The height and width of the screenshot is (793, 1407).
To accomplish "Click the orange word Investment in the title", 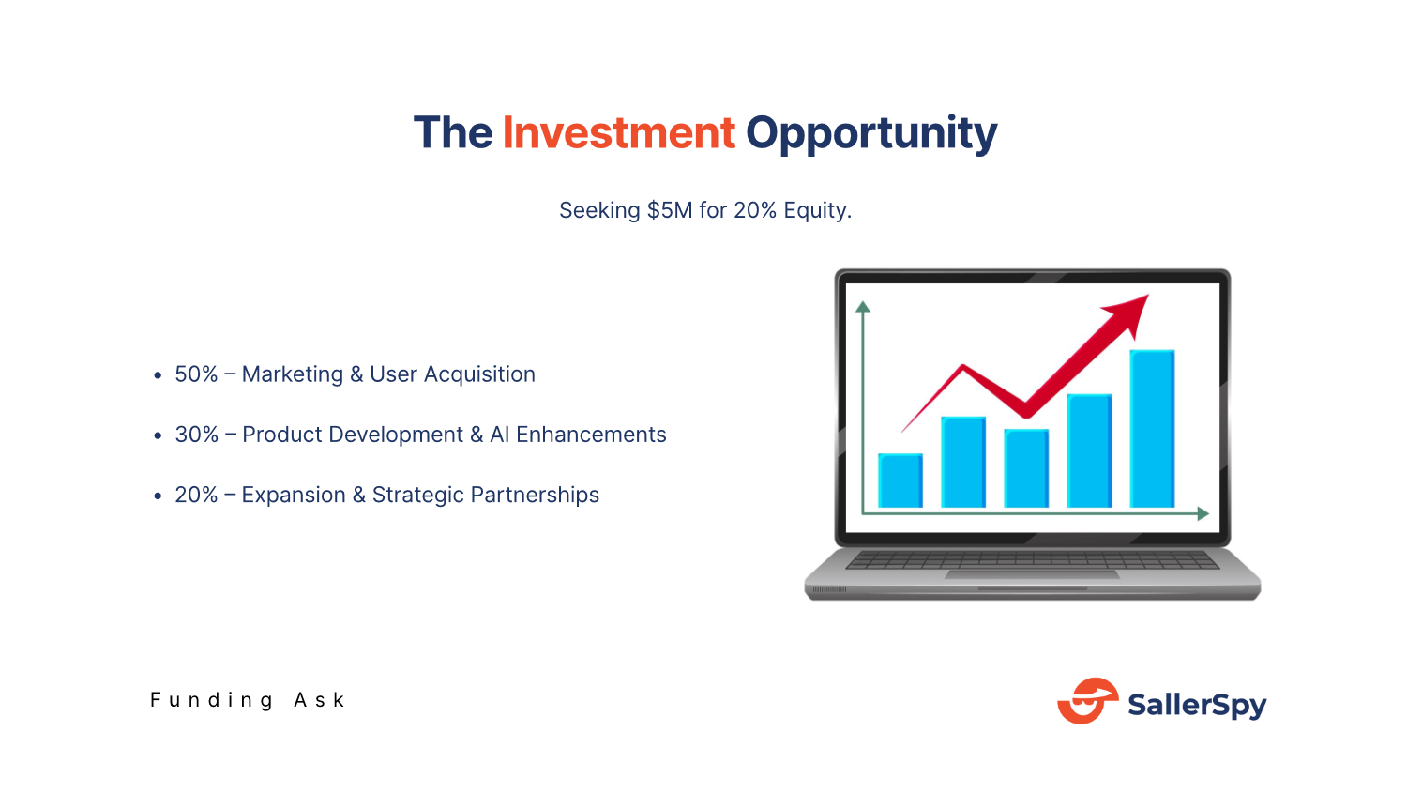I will coord(618,133).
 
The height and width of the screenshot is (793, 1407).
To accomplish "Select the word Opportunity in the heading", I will coord(870,133).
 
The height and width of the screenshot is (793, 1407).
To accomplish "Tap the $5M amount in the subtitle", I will coord(670,210).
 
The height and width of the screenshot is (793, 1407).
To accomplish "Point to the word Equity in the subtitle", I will coord(816,210).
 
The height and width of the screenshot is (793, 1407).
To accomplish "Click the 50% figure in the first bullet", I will coord(196,374).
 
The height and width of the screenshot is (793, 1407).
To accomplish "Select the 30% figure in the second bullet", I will coord(196,435).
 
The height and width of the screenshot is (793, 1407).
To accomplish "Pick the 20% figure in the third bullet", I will coord(196,495).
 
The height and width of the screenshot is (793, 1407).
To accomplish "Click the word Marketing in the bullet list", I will coord(293,374).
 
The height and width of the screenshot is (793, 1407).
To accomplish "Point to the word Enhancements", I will coord(591,435).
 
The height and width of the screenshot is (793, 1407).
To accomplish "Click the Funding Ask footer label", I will coord(248,700).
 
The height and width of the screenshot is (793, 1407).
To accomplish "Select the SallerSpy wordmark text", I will coord(1197,704).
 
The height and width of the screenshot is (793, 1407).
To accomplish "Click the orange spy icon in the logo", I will coord(1087,701).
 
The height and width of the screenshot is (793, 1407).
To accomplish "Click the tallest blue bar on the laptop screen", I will coord(1152,428).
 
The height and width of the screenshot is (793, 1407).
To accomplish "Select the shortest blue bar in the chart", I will coord(900,480).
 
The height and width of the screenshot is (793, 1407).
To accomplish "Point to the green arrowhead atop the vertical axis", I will coord(863,307).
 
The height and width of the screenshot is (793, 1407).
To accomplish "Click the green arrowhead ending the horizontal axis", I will coord(1203,513).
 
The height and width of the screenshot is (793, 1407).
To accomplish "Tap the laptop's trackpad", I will coord(1032,574).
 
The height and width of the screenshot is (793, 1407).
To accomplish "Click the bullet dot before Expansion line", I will coord(158,496).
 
